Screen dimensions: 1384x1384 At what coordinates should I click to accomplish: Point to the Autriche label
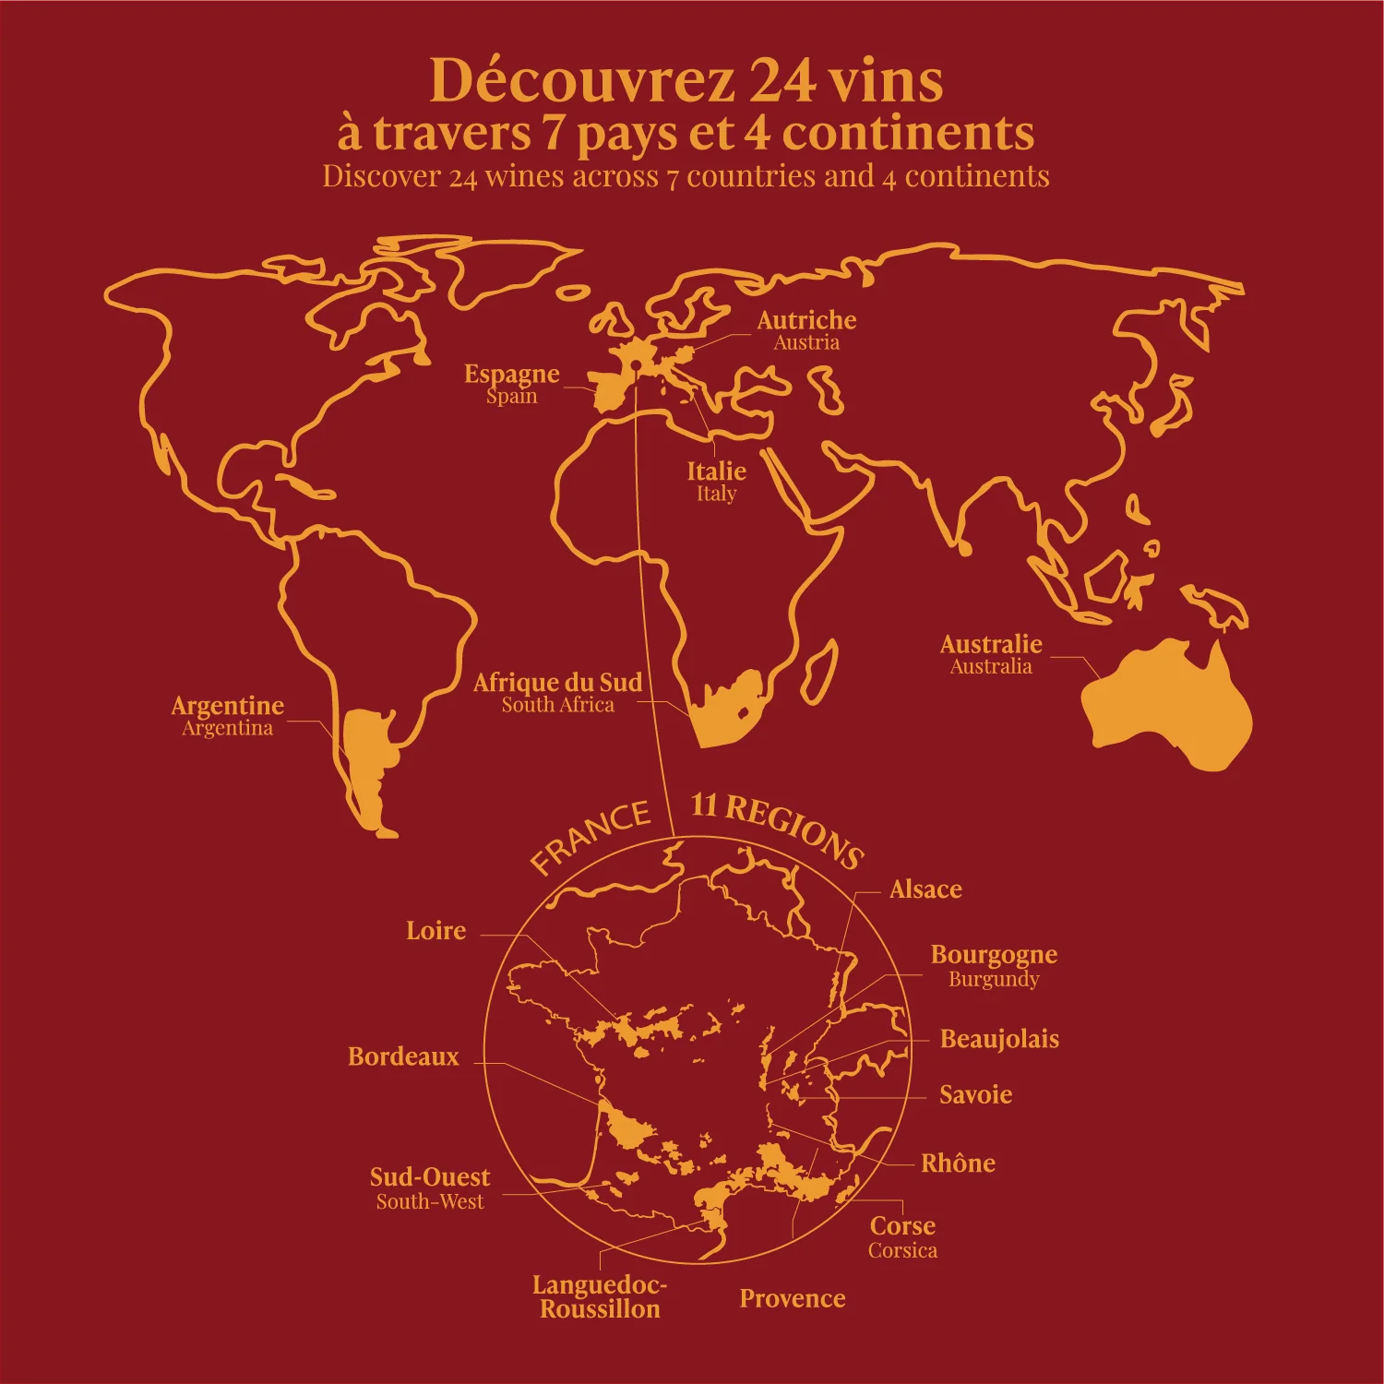[x=806, y=320]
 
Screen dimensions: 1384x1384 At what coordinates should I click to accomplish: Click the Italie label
[x=716, y=471]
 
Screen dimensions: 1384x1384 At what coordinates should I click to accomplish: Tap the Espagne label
[x=511, y=374]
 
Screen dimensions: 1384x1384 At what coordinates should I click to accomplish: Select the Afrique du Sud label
[x=557, y=683]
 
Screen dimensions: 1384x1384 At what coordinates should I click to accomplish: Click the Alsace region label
[x=925, y=889]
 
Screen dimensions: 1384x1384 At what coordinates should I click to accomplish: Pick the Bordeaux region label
[x=403, y=1056]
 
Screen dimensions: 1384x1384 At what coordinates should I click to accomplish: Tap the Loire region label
[x=435, y=931]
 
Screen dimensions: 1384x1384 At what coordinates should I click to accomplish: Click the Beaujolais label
[x=999, y=1039]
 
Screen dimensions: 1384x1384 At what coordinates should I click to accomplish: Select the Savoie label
[x=975, y=1095]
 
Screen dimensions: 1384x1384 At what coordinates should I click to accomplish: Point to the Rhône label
[x=958, y=1163]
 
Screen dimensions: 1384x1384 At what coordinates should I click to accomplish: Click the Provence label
[x=793, y=1299]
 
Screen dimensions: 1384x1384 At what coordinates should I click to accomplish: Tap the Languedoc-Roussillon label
[x=600, y=1296]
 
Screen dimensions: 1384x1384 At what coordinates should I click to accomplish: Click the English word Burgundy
[x=994, y=979]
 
